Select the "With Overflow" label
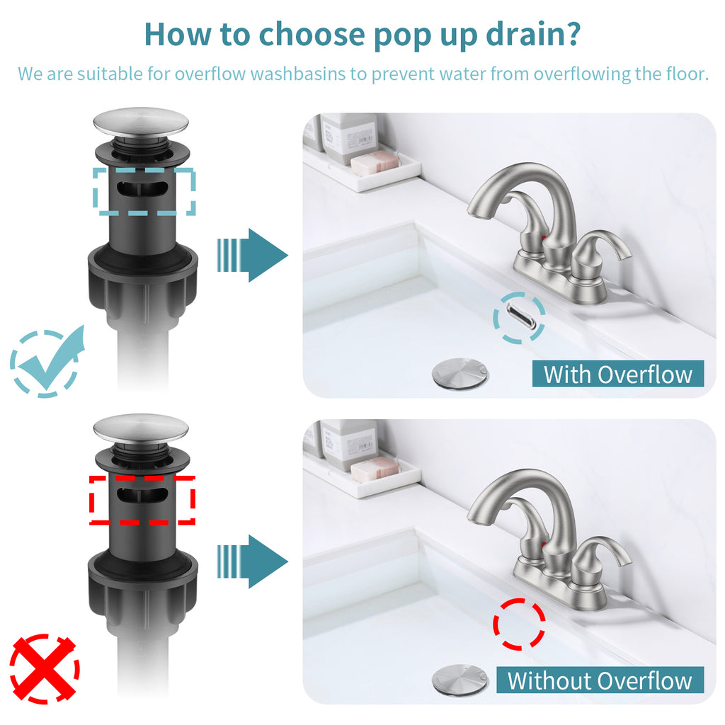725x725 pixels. (x=617, y=374)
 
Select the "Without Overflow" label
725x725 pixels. (x=600, y=680)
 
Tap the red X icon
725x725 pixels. (x=45, y=668)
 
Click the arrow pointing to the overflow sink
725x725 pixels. (x=253, y=255)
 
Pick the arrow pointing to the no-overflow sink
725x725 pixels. (x=253, y=561)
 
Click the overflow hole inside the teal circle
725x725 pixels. (x=520, y=317)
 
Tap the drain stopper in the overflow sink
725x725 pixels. (x=459, y=373)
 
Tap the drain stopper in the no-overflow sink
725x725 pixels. (x=459, y=679)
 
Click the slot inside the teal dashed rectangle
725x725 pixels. (x=142, y=189)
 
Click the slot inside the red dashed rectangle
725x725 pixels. (x=142, y=495)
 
